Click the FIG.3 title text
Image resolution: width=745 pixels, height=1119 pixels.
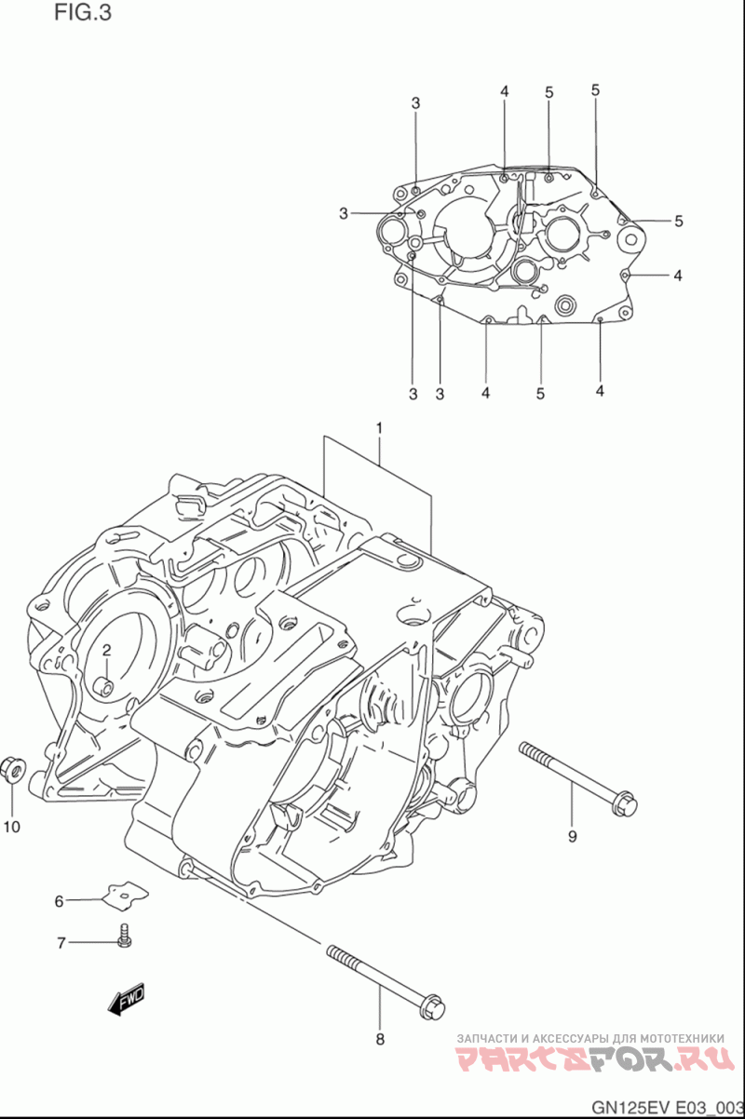(83, 12)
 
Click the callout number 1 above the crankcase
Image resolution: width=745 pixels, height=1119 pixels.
(379, 428)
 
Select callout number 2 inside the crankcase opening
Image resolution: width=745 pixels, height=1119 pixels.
(106, 650)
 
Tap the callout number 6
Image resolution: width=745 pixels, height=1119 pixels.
(59, 902)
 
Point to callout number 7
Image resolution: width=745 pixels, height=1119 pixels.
(61, 943)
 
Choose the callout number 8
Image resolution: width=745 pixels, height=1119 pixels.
(380, 1040)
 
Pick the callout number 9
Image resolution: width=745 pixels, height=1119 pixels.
(573, 836)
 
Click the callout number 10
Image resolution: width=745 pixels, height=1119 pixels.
(11, 827)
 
